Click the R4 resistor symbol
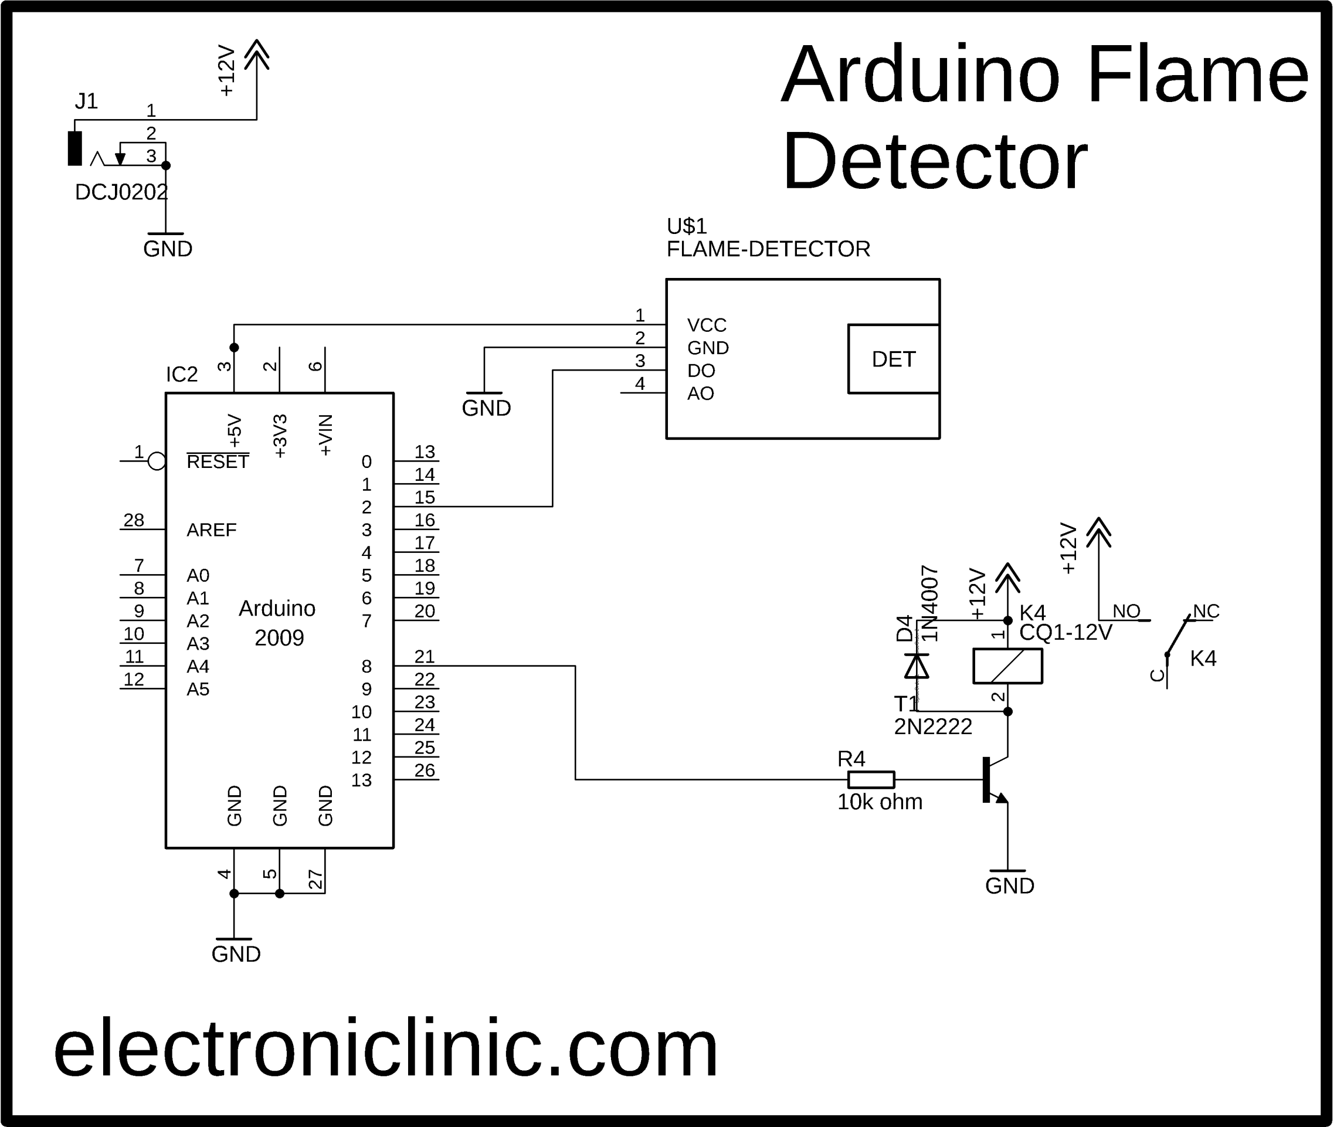(871, 779)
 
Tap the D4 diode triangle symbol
(917, 666)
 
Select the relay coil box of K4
(1007, 666)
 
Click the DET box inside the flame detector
(893, 359)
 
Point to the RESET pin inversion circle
(157, 461)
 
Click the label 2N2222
(932, 727)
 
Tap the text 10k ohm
(880, 802)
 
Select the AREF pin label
(212, 529)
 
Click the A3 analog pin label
(198, 643)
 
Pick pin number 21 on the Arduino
(424, 656)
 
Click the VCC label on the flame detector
(707, 325)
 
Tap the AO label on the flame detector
(700, 393)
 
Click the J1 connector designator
(86, 101)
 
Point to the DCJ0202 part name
(121, 192)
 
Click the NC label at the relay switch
(1206, 612)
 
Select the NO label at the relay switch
(1126, 612)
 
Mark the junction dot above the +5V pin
(235, 348)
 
